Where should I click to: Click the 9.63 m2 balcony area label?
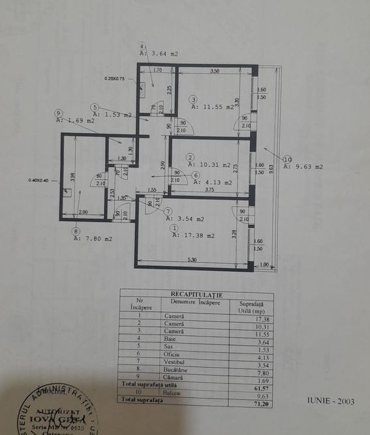pos(306,167)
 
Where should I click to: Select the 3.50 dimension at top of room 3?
pos(214,70)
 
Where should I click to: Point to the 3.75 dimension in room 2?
pos(209,190)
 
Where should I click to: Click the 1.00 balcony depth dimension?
pos(264,263)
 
